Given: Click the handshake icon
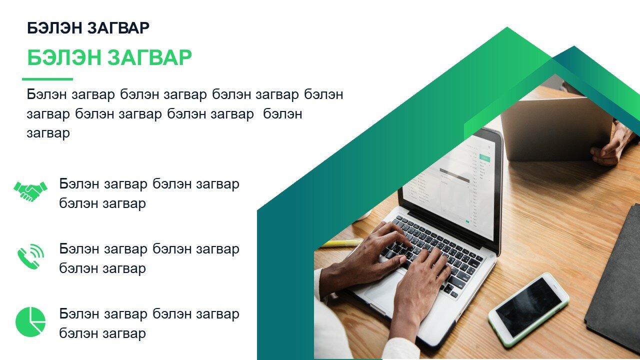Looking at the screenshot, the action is coord(30,191).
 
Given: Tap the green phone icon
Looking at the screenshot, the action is coord(31,256).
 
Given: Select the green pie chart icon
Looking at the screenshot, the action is coord(30,322).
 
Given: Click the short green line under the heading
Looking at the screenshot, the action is coord(47,79).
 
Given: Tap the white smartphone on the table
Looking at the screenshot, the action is coord(528,309).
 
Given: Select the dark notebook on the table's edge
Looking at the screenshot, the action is coord(614,277).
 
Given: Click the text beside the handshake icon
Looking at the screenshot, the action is coord(149,193).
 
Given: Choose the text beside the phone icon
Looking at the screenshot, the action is coord(149,258).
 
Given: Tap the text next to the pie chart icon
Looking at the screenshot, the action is coord(149,323).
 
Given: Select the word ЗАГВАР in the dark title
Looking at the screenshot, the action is coord(118,28).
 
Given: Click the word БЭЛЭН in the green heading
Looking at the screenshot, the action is coord(64,57).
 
